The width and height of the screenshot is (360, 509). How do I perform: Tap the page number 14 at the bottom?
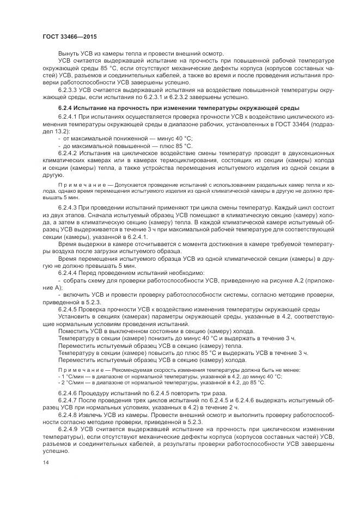[45, 462]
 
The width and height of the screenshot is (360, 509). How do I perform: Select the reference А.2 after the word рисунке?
[298, 279]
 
